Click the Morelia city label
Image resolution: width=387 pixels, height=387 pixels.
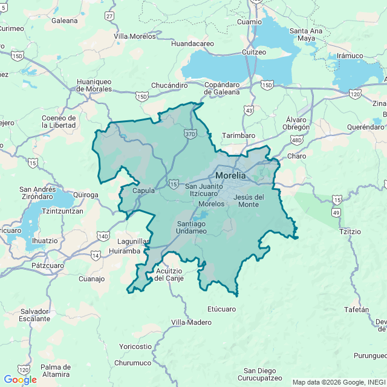(230, 175)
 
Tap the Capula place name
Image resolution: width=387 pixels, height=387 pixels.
(143, 190)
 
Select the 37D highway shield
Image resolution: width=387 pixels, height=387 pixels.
(190, 133)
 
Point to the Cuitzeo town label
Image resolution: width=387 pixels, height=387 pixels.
(254, 52)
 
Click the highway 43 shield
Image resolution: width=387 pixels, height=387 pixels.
(249, 110)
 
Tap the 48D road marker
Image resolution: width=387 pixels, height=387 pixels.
(296, 140)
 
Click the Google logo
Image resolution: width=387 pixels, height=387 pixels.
(20, 379)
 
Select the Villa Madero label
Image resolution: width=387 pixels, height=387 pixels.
(192, 322)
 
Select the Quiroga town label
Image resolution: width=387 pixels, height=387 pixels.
(85, 195)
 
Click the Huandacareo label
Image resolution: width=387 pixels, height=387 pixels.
(193, 44)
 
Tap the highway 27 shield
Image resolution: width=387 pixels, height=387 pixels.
(109, 16)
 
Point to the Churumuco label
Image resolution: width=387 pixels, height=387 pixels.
(132, 363)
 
